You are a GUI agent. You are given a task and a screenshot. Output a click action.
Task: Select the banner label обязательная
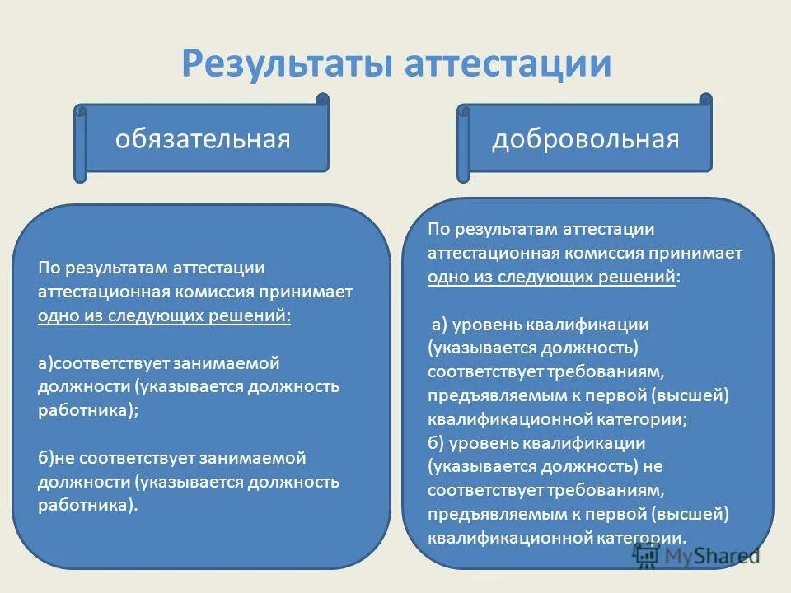point(203,138)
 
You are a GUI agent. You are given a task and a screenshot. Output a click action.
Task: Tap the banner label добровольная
point(585,138)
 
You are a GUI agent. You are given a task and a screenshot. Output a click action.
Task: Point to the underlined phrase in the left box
point(164,315)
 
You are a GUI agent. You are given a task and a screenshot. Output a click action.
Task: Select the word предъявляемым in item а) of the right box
point(484,395)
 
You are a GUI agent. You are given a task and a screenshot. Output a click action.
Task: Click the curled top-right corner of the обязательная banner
point(321,100)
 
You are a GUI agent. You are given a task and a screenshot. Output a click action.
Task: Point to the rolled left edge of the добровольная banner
point(464,144)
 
